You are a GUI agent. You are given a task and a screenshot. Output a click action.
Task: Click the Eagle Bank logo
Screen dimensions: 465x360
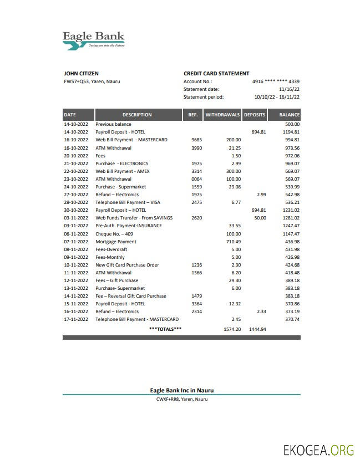pos(93,40)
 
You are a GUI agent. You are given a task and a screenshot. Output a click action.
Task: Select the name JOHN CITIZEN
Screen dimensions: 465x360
pos(82,73)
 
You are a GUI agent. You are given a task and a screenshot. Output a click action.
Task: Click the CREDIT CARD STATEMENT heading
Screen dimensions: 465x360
pos(216,73)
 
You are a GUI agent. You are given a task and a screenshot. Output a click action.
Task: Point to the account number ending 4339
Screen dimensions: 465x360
pos(276,81)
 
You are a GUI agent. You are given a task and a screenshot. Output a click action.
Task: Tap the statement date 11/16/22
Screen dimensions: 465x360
pos(289,89)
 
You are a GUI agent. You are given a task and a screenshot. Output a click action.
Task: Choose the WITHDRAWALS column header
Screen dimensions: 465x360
pos(222,115)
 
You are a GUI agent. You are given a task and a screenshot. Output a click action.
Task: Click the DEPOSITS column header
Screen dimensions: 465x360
pos(255,115)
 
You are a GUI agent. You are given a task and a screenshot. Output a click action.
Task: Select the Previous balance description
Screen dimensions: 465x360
pos(113,125)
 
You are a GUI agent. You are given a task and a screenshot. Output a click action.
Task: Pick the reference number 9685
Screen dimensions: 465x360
pos(196,140)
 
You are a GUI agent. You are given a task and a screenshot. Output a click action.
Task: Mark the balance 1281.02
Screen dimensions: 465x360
pos(290,218)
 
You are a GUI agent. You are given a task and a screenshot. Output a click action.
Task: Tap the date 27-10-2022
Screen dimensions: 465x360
pos(76,195)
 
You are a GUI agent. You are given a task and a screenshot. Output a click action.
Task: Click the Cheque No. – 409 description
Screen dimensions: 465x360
pos(110,234)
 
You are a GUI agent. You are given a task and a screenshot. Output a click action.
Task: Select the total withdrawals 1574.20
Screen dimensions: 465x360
pos(232,329)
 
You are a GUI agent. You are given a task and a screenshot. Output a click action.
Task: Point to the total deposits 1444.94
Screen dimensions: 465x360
pos(257,329)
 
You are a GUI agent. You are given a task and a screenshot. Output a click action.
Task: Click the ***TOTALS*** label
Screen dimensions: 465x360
pos(165,329)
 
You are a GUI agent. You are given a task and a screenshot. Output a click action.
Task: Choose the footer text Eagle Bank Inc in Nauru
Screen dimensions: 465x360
pos(181,390)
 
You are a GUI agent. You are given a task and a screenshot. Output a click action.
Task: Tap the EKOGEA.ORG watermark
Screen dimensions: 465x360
pos(318,449)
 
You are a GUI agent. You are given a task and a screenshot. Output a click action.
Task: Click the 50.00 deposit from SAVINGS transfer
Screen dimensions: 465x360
pos(260,218)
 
